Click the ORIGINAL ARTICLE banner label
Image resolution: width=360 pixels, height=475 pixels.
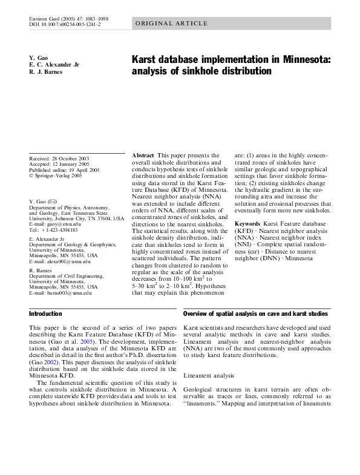(171, 24)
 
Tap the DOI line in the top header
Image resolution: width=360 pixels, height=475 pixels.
(65, 25)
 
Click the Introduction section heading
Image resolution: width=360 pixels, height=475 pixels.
(46, 314)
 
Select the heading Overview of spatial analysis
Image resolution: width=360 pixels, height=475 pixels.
(255, 314)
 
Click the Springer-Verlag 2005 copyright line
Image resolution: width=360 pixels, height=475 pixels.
(57, 176)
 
